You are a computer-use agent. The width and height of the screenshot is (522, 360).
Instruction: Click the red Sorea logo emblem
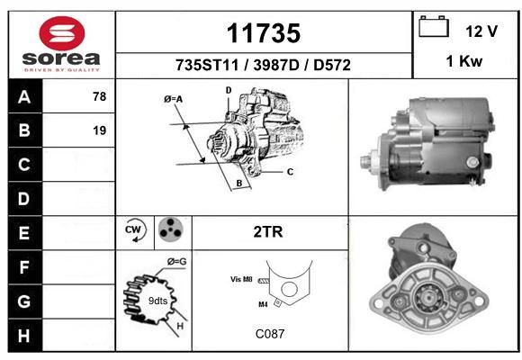62,33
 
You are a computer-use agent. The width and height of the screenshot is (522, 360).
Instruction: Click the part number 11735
264,33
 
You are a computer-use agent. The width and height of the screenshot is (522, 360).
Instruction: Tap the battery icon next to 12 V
434,26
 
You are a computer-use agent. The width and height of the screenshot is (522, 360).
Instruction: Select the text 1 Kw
464,61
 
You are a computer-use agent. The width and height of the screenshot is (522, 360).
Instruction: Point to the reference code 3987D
276,66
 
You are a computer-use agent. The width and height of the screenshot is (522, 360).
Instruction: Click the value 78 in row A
100,96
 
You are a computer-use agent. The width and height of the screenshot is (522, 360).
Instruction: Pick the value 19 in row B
100,130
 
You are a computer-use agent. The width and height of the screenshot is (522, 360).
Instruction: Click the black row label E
24,233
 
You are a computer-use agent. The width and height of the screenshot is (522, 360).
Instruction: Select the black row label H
24,336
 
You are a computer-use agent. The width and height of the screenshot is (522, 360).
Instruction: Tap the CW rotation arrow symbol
135,229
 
